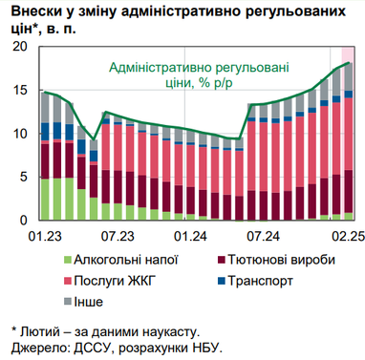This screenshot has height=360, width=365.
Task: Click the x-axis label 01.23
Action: (x=45, y=235)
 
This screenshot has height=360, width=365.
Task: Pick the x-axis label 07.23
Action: (x=118, y=235)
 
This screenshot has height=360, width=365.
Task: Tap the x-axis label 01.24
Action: (x=190, y=235)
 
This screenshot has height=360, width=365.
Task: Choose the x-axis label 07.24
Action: (x=263, y=235)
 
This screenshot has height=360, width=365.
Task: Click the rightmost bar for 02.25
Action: (x=349, y=143)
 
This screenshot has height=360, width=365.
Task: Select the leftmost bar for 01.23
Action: (x=45, y=157)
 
